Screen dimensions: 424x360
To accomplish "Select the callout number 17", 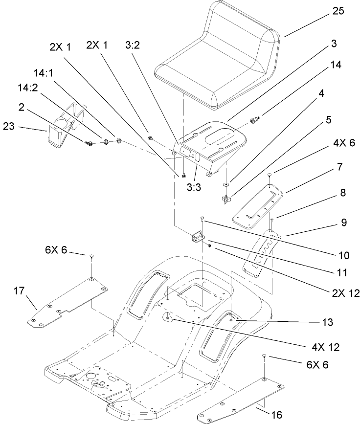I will point(18,291).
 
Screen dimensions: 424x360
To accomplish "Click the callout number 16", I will point(277,415).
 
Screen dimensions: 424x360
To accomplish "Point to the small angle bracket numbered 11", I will point(198,237).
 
